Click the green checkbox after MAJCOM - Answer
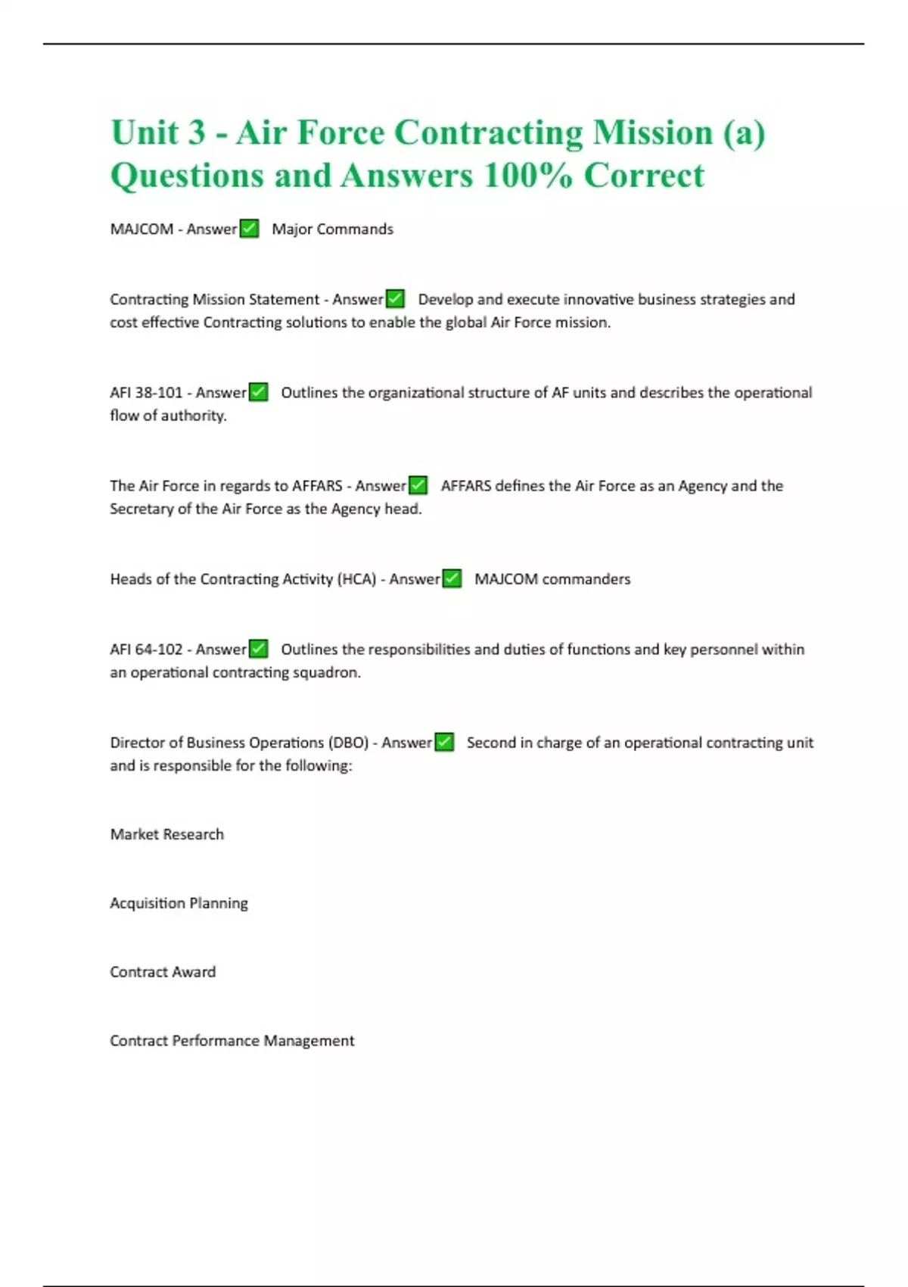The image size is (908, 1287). (249, 229)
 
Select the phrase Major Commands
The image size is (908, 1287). (332, 229)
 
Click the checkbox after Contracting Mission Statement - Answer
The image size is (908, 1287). (395, 299)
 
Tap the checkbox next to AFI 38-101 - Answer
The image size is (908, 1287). (258, 392)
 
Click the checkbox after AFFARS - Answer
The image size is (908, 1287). (418, 485)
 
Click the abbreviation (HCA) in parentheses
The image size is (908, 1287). (356, 579)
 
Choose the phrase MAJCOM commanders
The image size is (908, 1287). (552, 579)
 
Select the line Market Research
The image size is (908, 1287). (166, 834)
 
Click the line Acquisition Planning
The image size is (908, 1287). (179, 903)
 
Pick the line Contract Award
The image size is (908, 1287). (163, 972)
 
